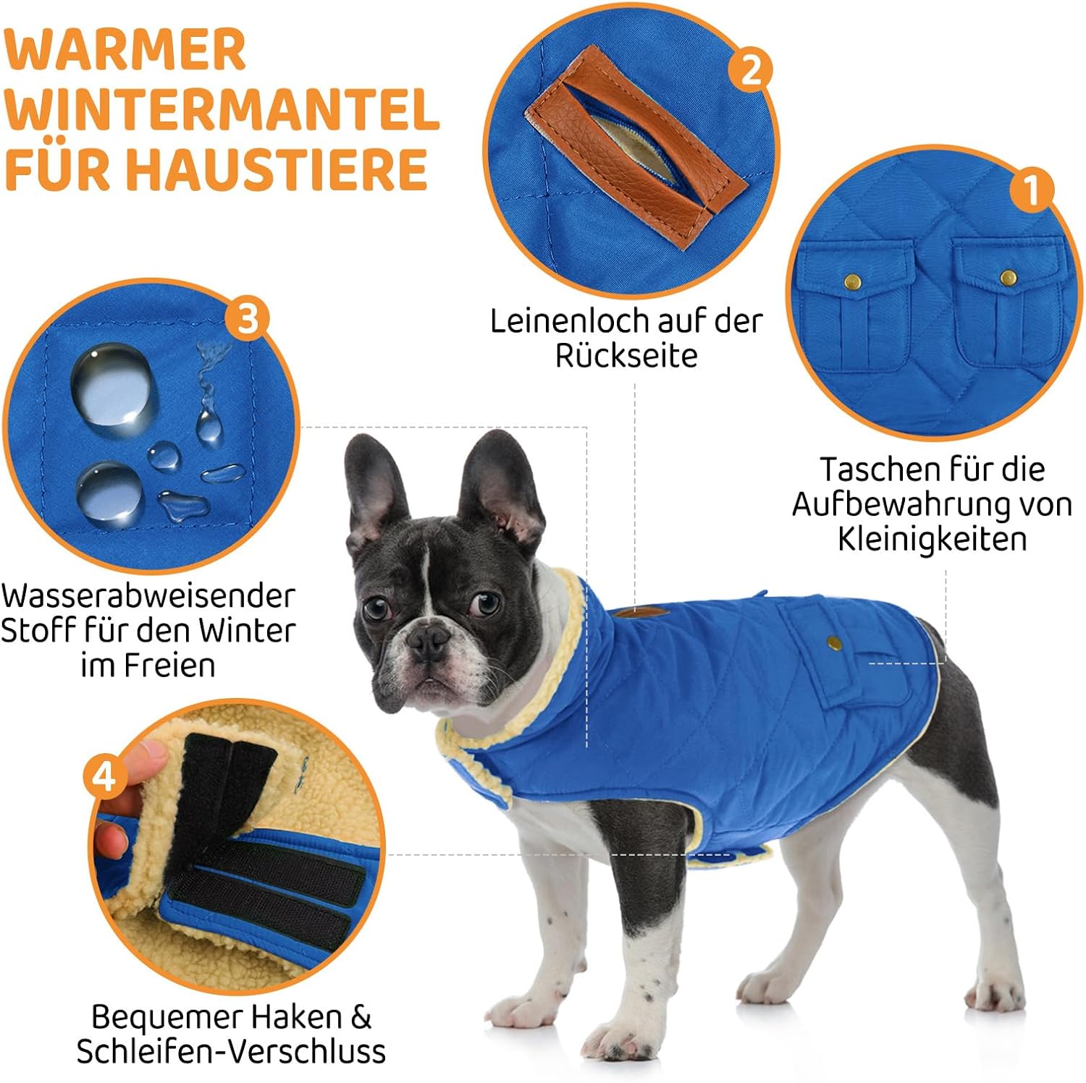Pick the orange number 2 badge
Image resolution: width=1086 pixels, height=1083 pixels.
pos(750,70)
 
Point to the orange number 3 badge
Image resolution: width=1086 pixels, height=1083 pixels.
pos(246,318)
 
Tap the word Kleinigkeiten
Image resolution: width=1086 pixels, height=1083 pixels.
pos(933,539)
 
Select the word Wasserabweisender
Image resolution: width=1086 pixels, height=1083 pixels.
pos(148,595)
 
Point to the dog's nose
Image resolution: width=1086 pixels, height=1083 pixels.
pos(428,638)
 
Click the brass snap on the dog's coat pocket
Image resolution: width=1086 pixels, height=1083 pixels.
pos(834,642)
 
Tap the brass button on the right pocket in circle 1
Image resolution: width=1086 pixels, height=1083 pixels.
pos(1008,277)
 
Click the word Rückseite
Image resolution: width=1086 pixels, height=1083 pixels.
pos(626,355)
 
